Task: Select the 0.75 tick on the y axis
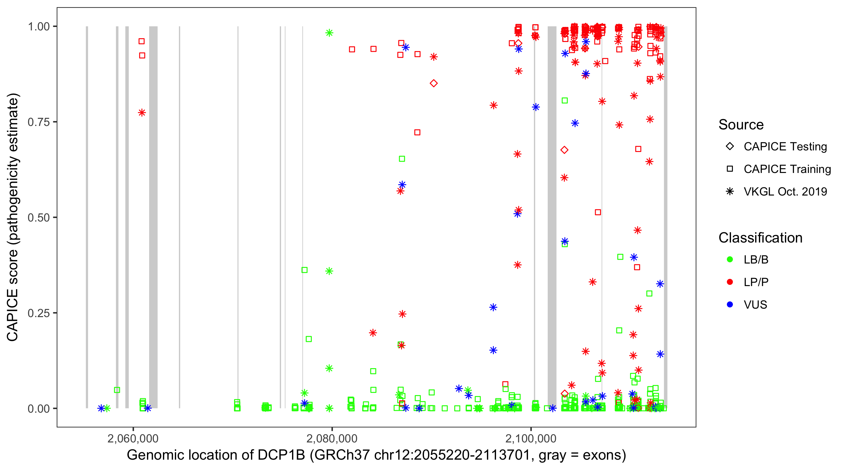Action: point(39,122)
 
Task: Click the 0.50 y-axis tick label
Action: point(39,217)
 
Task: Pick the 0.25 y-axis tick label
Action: point(39,313)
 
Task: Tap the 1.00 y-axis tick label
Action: point(39,26)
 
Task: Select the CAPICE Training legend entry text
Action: point(787,169)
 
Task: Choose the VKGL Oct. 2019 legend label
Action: point(785,191)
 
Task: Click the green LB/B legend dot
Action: point(730,259)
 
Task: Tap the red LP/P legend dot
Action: point(730,282)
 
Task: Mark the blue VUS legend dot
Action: point(730,305)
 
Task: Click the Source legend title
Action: point(741,125)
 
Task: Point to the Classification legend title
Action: point(760,238)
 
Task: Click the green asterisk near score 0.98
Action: point(329,33)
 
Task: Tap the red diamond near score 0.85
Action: point(434,83)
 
